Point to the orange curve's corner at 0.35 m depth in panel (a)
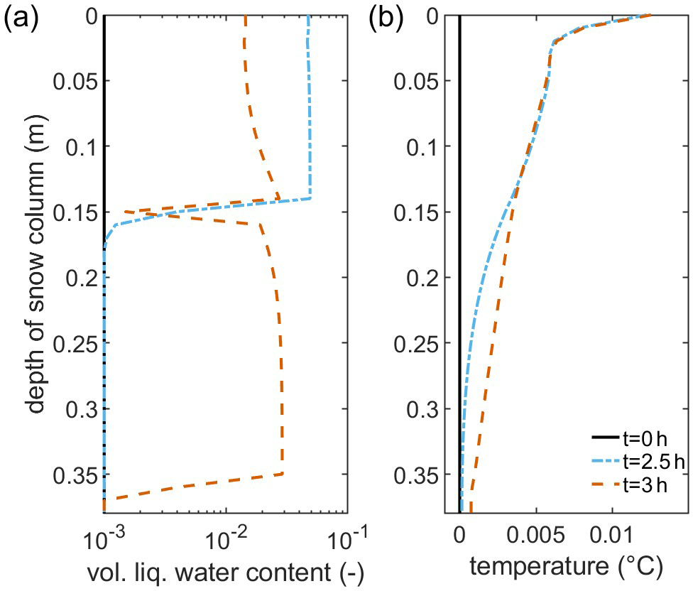tap(283, 474)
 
